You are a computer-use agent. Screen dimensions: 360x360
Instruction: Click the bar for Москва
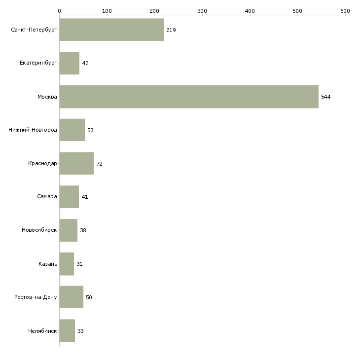[189, 97]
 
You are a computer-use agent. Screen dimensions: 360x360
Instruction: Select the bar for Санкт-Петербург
[111, 30]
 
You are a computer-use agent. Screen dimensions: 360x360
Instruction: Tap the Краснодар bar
[76, 163]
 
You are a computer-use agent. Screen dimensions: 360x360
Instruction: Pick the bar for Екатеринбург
[70, 63]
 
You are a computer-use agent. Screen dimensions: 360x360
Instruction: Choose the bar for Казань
[67, 264]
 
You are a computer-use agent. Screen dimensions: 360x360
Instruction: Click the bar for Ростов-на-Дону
[72, 297]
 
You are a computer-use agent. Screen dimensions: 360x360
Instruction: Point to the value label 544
[325, 97]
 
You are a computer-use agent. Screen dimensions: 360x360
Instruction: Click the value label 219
[171, 30]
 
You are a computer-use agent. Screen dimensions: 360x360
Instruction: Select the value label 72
[99, 164]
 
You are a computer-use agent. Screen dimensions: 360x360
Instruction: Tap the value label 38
[83, 230]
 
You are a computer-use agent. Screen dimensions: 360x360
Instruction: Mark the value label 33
[80, 331]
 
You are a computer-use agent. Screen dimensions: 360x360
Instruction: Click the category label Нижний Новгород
[33, 130]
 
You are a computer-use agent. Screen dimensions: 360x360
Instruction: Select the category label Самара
[47, 197]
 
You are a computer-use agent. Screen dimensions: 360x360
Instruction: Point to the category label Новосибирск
[39, 230]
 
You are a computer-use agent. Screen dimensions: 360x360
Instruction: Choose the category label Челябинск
[42, 331]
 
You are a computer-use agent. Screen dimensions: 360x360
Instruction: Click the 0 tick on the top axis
[59, 10]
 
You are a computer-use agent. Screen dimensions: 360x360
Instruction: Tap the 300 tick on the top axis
[202, 10]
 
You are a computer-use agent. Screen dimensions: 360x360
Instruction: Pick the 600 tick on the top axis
[345, 10]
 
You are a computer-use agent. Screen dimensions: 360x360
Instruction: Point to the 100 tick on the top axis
[107, 10]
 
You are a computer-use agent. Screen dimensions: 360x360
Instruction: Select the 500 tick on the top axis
[297, 10]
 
